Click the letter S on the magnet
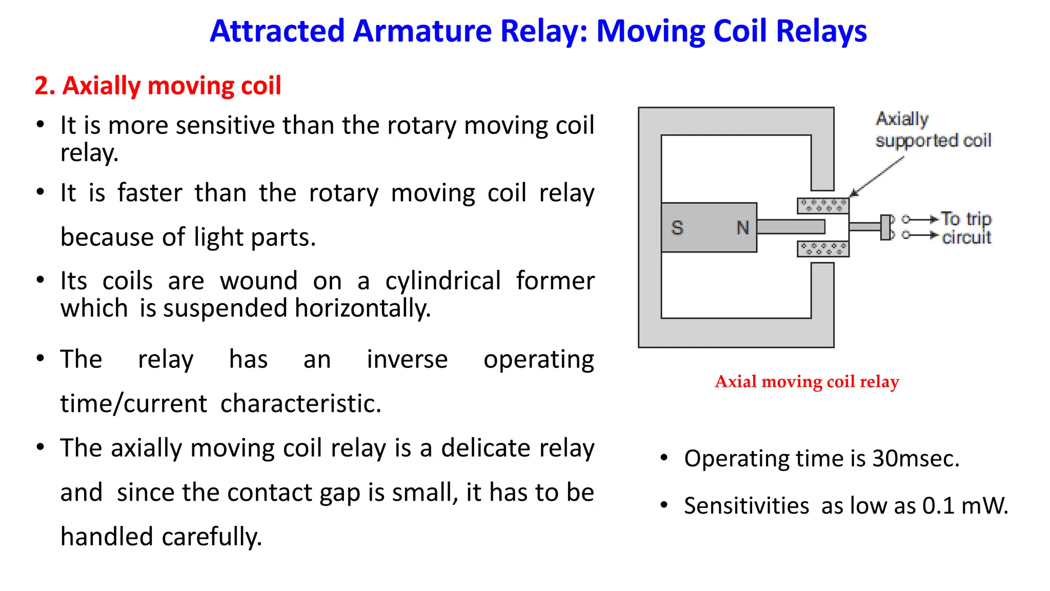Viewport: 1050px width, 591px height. [677, 227]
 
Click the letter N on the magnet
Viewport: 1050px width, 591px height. [743, 227]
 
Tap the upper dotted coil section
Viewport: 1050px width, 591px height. [823, 206]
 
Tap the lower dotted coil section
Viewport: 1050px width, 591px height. [823, 249]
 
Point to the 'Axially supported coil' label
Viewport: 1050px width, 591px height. [933, 130]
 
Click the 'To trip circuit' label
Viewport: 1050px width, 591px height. [966, 228]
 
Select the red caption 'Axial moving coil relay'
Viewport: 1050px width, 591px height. [807, 382]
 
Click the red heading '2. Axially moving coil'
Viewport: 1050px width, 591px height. [158, 86]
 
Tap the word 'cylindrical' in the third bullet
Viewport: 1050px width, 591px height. [443, 281]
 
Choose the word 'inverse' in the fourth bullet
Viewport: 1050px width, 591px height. [407, 359]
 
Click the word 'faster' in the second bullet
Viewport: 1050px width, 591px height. [150, 193]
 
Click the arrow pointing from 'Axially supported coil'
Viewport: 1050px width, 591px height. [877, 177]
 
